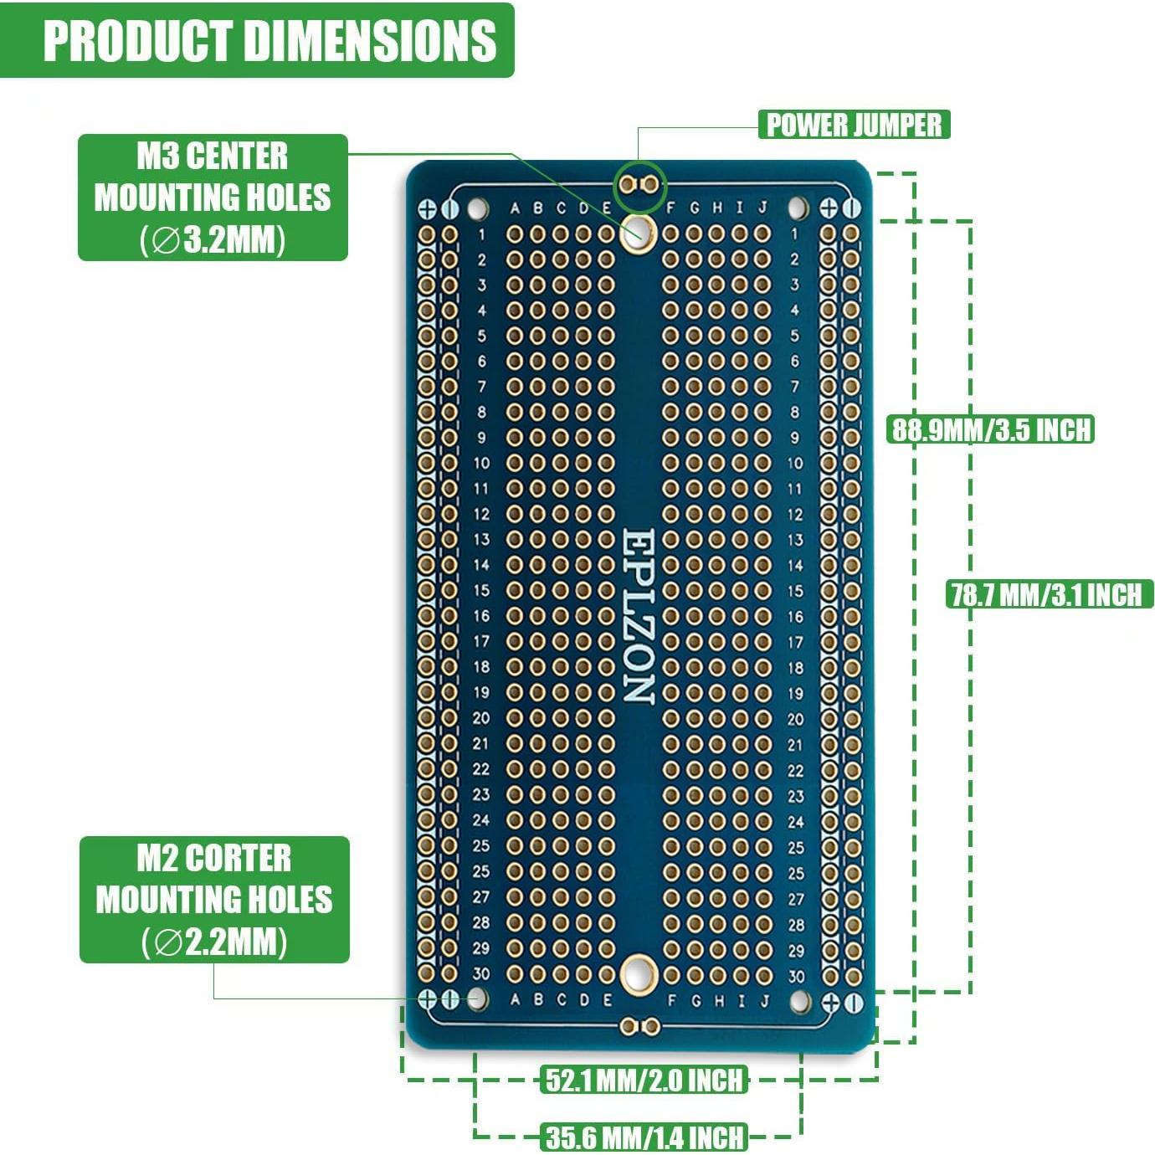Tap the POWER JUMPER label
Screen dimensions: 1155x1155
coord(854,125)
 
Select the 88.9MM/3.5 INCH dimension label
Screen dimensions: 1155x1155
coord(991,429)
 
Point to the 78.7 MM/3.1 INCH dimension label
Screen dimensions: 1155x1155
coord(1047,594)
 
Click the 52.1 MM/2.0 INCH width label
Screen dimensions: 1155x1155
coord(643,1080)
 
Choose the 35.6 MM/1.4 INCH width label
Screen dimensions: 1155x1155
coord(644,1137)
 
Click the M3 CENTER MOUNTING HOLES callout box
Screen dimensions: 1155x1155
coord(213,198)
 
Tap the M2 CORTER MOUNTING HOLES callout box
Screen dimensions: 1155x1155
coord(214,900)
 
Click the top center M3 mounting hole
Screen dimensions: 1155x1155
coord(639,230)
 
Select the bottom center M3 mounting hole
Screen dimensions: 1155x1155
coord(639,973)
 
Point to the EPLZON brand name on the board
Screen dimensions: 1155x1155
coord(639,615)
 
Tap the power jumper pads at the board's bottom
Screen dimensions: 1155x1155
coord(639,1026)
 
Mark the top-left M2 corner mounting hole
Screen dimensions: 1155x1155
coord(477,207)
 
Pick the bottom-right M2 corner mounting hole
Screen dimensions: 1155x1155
coord(799,999)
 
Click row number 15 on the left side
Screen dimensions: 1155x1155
coord(481,590)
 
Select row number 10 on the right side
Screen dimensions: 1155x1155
coord(795,463)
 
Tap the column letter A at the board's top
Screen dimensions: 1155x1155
coord(515,208)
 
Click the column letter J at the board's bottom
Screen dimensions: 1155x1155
coord(763,1000)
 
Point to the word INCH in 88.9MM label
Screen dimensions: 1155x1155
coord(1064,429)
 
